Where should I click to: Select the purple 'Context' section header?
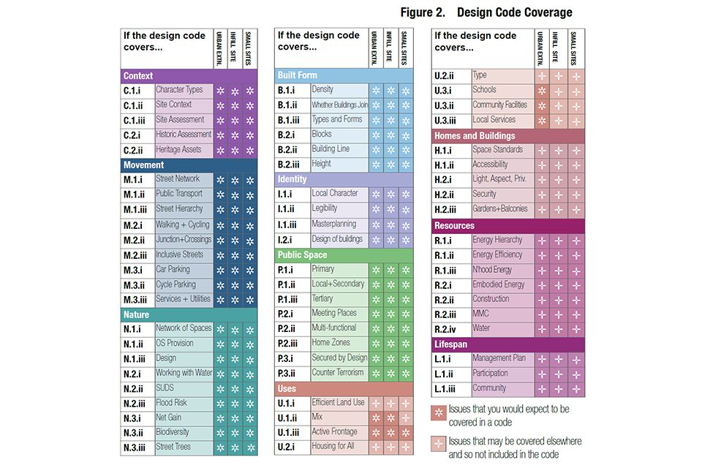[x=138, y=76]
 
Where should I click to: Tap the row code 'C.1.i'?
[x=137, y=91]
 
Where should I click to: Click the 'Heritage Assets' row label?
[x=178, y=150]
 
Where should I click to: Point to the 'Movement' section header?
[x=143, y=165]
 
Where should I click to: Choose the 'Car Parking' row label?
[x=173, y=269]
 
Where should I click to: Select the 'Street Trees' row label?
[x=173, y=448]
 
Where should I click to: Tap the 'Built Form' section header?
[x=297, y=75]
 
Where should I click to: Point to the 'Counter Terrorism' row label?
[x=339, y=373]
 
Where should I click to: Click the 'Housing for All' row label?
[x=334, y=447]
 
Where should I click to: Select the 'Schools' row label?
[x=484, y=90]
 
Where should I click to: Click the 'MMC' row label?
[x=480, y=314]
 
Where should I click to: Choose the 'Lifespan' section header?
[x=450, y=344]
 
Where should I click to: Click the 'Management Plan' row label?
[x=499, y=358]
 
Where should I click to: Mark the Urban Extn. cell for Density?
[x=376, y=90]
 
